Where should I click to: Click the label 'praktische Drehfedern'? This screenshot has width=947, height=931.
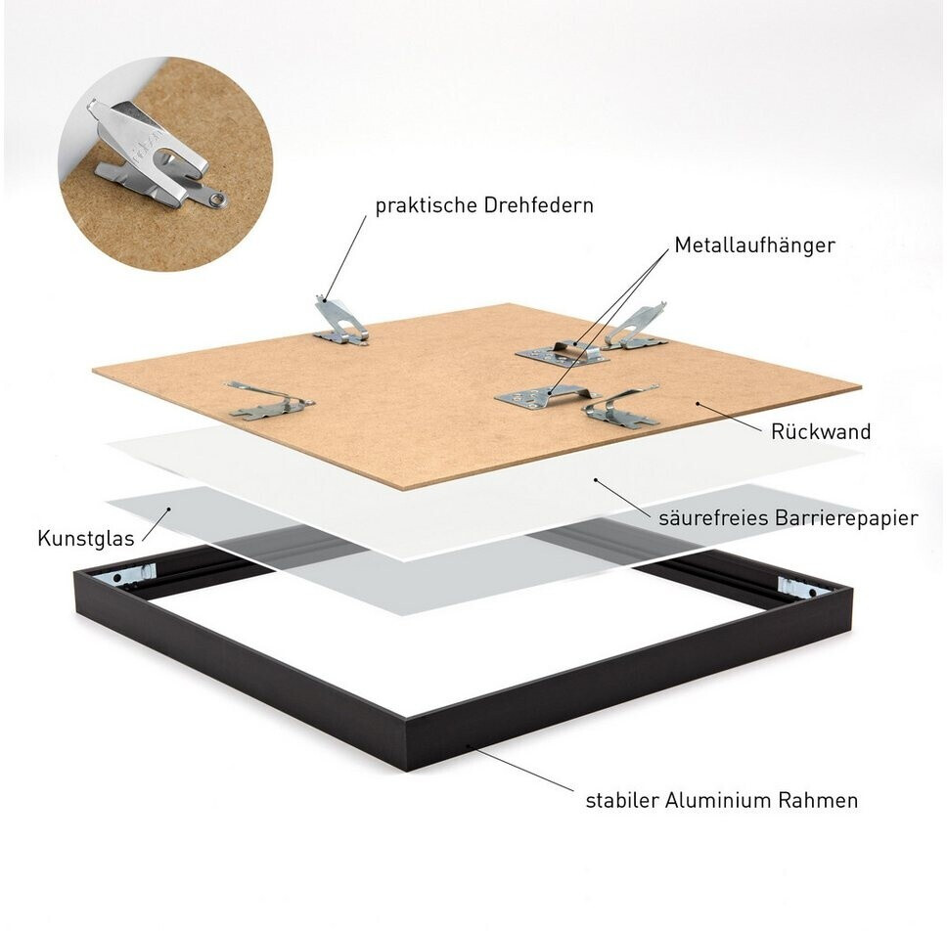click(484, 205)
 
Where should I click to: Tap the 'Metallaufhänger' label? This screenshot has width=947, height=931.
click(755, 245)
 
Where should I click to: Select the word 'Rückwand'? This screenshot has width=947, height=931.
click(821, 431)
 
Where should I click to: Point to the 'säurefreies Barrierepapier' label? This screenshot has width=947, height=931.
click(789, 518)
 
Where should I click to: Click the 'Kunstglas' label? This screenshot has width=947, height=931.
click(86, 538)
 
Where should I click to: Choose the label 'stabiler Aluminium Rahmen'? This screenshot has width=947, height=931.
click(722, 800)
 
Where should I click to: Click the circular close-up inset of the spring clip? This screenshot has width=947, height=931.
click(165, 163)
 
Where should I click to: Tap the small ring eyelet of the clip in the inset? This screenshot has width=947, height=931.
click(218, 198)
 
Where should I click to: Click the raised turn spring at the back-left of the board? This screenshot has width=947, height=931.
click(339, 321)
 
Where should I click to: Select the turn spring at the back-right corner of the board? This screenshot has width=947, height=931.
click(636, 327)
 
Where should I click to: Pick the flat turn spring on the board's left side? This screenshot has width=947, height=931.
click(269, 400)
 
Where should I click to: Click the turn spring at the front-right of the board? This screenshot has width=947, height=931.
click(621, 407)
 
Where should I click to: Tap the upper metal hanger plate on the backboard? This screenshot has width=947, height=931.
click(562, 354)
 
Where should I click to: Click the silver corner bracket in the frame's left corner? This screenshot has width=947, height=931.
click(134, 574)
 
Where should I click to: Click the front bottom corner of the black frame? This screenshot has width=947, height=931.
click(406, 771)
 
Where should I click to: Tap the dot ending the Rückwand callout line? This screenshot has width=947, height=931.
click(698, 403)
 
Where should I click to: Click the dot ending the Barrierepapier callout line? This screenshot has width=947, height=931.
click(596, 480)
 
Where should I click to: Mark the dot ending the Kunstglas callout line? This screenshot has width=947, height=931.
click(169, 509)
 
